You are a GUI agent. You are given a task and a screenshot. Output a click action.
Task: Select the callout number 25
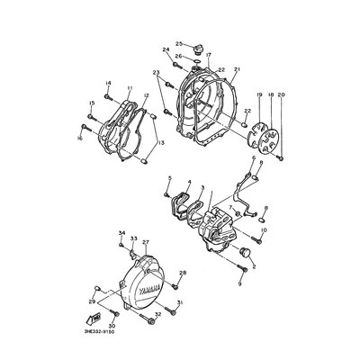(x=178, y=43)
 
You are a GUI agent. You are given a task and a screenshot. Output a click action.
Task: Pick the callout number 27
(x=145, y=243)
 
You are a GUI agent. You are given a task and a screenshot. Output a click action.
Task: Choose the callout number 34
(x=121, y=234)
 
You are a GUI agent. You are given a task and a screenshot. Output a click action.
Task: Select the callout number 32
(x=157, y=315)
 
